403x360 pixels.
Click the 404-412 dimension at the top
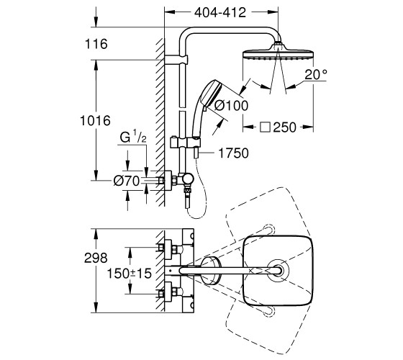point(220,12)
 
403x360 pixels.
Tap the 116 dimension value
point(96,44)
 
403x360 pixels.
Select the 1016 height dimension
point(95,121)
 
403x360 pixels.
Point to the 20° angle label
point(316,75)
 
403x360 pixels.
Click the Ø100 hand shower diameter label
point(231,105)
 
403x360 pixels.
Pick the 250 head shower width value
point(285,127)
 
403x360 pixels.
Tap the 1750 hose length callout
point(233,153)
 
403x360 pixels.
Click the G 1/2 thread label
point(133,137)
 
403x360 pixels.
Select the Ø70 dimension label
point(127,181)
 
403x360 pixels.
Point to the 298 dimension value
point(96,258)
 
